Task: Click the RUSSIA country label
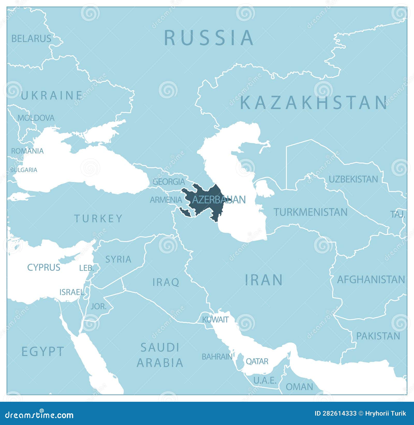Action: tap(209, 38)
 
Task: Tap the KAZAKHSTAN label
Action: tap(314, 103)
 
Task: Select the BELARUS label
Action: tap(31, 39)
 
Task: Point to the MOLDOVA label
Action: tap(36, 118)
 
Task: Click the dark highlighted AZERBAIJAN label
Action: tap(219, 200)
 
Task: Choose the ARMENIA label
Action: tap(166, 200)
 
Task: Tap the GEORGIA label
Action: tap(169, 182)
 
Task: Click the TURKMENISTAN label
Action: tap(310, 212)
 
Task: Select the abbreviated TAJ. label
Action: tap(397, 214)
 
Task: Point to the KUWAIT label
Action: tap(215, 320)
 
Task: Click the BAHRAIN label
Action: tap(217, 357)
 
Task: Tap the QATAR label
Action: tap(257, 361)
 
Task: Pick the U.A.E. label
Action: tap(265, 380)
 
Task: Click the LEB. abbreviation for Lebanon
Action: tap(86, 268)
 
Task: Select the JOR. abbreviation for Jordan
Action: tap(99, 307)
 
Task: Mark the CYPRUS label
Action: tap(44, 267)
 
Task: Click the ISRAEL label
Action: tap(72, 292)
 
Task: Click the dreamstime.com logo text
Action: tap(39, 415)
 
